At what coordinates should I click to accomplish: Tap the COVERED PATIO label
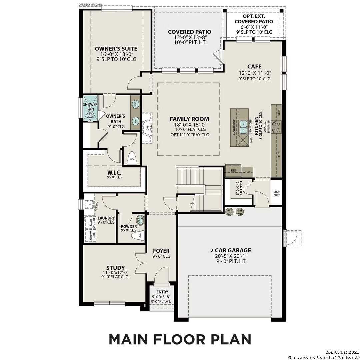(x=189, y=32)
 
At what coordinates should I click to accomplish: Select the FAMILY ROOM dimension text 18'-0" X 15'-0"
(x=189, y=124)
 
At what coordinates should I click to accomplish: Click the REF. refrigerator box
(x=233, y=170)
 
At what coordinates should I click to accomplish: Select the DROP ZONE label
(x=277, y=193)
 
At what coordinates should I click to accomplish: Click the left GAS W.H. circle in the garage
(x=229, y=212)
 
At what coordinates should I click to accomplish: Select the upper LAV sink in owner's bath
(x=136, y=105)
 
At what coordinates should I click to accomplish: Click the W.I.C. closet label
(x=114, y=172)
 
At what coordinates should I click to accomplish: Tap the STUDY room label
(x=115, y=268)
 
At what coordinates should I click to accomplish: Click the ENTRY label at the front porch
(x=162, y=292)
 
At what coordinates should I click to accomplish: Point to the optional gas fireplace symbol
(x=147, y=128)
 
